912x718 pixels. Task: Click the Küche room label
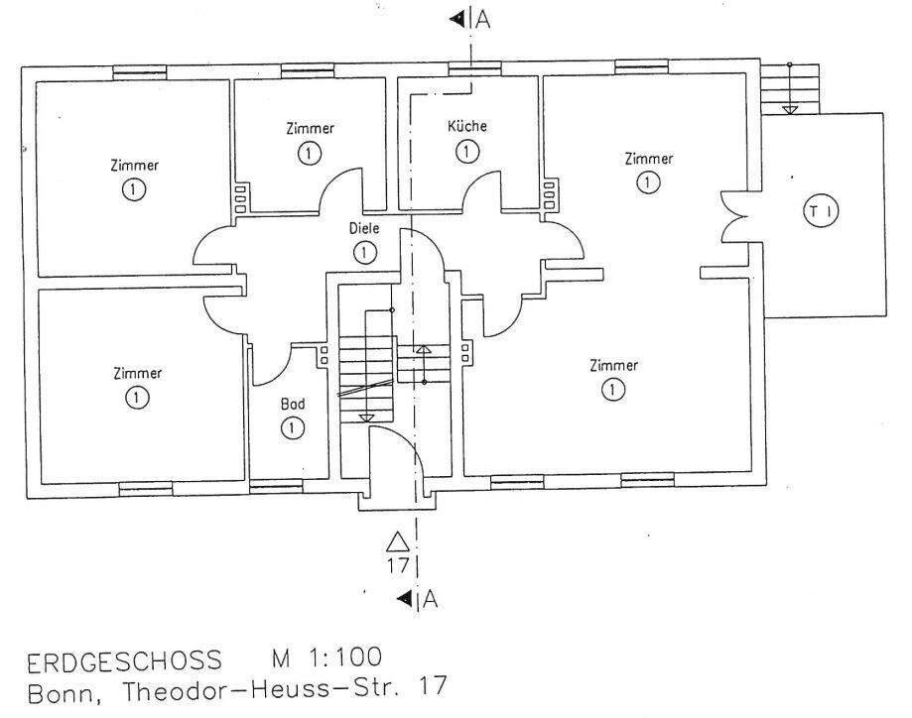(x=466, y=127)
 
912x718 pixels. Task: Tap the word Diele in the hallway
(x=365, y=228)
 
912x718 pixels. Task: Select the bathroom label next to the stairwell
(x=292, y=405)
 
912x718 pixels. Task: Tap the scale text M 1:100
(x=324, y=658)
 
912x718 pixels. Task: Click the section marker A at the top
(x=482, y=19)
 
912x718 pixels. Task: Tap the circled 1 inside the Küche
(x=466, y=152)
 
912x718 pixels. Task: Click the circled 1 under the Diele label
(x=365, y=253)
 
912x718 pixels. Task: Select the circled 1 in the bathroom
(x=292, y=428)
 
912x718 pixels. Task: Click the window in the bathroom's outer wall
(x=275, y=486)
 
